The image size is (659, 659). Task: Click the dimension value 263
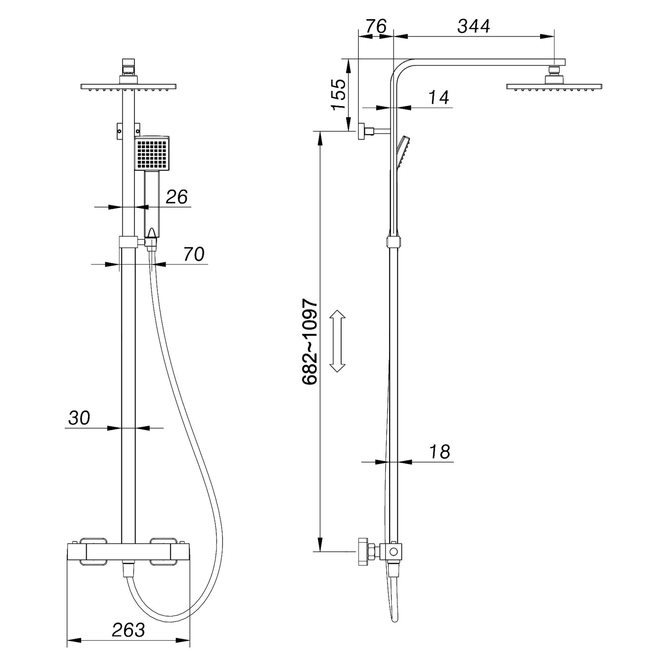128,630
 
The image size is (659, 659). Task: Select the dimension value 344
473,26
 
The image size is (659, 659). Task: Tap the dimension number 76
376,26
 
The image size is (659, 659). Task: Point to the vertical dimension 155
338,94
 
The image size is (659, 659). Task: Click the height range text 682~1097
310,342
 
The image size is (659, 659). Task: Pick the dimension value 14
439,98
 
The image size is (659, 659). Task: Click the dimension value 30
79,418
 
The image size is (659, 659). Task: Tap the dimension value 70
194,254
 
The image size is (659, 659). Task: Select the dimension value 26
176,197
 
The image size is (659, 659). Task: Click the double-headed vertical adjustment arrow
337,341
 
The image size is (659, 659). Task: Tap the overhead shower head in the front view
128,86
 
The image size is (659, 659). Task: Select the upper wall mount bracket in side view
364,131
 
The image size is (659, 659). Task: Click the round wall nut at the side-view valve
363,551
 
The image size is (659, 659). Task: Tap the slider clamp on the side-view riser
394,242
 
